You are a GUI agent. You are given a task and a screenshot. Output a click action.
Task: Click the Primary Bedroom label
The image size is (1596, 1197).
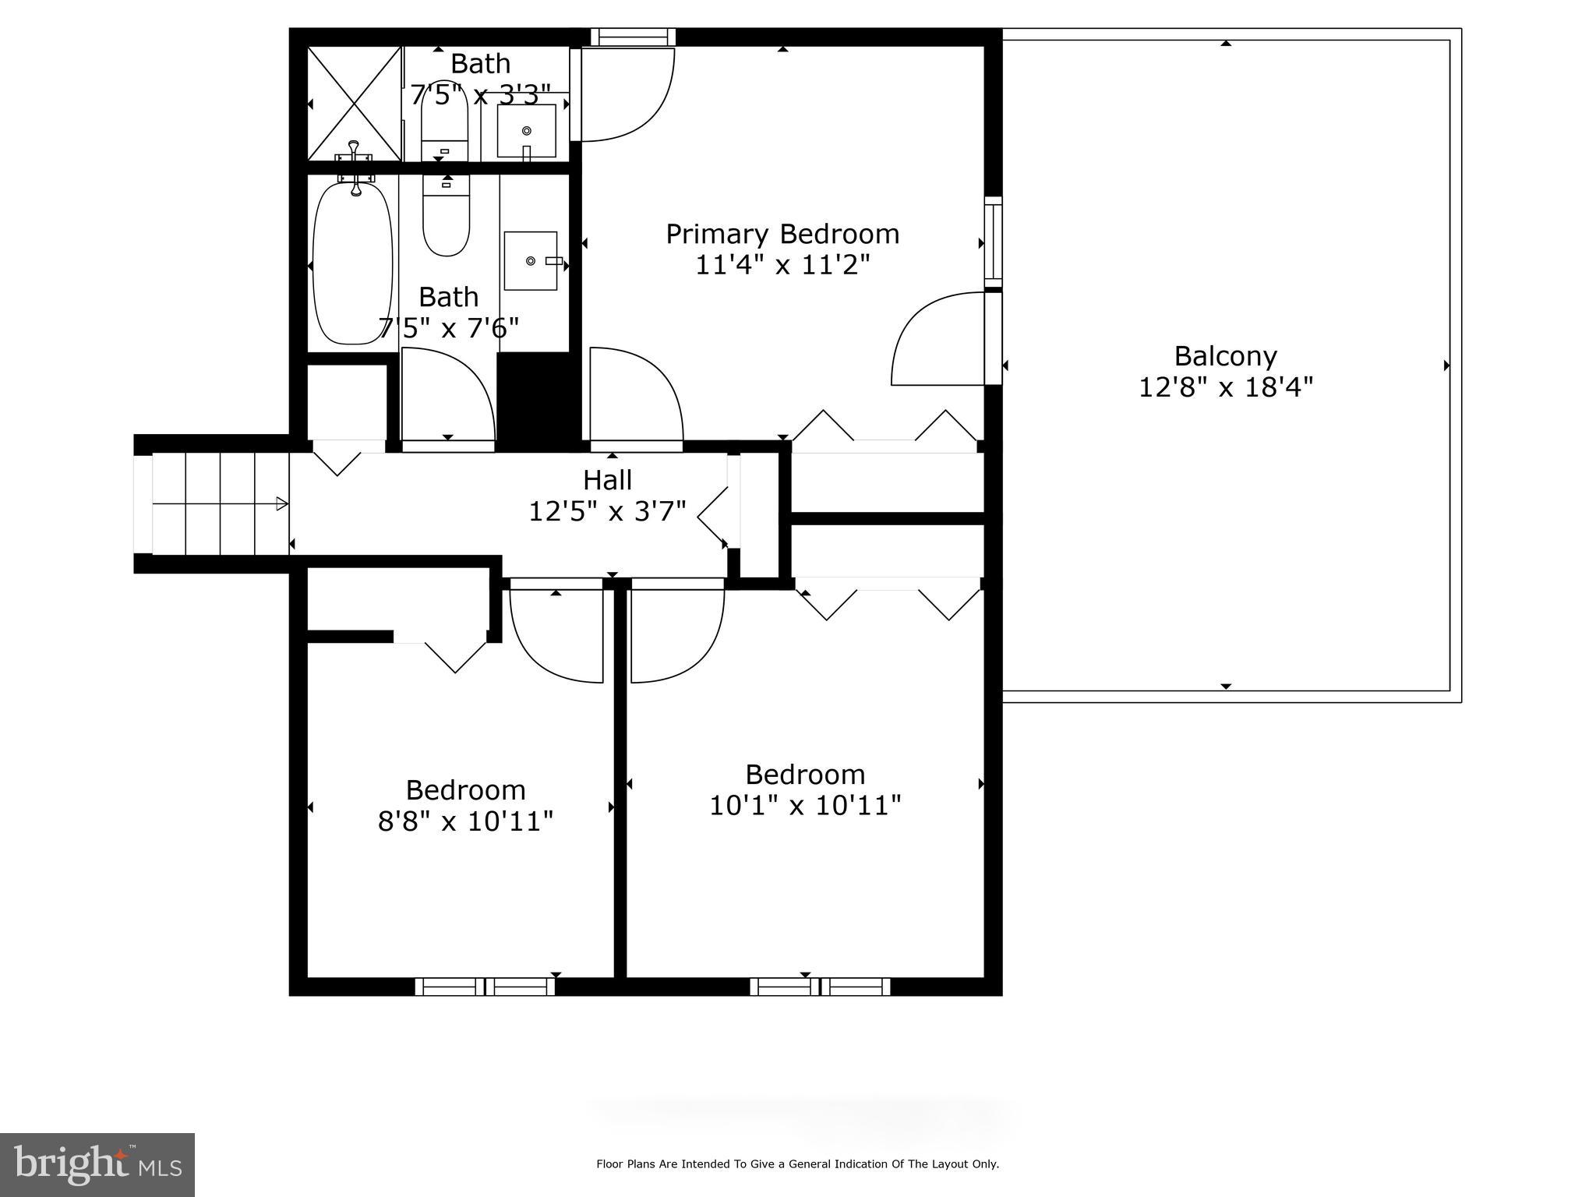tap(782, 234)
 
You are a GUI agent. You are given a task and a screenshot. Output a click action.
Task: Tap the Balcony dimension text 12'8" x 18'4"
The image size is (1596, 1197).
tap(1225, 387)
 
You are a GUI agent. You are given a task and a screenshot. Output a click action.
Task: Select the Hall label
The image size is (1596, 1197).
tap(607, 479)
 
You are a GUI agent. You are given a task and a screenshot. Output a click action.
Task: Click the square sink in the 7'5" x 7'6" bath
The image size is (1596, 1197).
tap(531, 260)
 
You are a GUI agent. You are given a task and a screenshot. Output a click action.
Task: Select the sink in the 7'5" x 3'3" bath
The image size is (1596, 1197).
tap(527, 131)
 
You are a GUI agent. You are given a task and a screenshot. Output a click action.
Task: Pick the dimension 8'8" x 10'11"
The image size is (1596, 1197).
tap(465, 821)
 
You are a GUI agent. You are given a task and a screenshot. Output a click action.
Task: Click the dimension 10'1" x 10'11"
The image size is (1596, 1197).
tap(805, 805)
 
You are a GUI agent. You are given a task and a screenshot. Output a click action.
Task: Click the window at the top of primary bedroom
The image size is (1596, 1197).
tap(632, 37)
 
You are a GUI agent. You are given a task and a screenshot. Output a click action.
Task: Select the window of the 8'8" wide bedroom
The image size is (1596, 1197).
tap(485, 987)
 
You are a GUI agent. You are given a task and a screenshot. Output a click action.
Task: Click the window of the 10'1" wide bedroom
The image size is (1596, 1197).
tap(820, 987)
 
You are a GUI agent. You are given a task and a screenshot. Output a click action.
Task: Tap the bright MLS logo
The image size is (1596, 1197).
tap(97, 1164)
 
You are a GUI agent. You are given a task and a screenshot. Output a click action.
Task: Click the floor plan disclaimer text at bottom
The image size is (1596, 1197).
tap(797, 1164)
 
